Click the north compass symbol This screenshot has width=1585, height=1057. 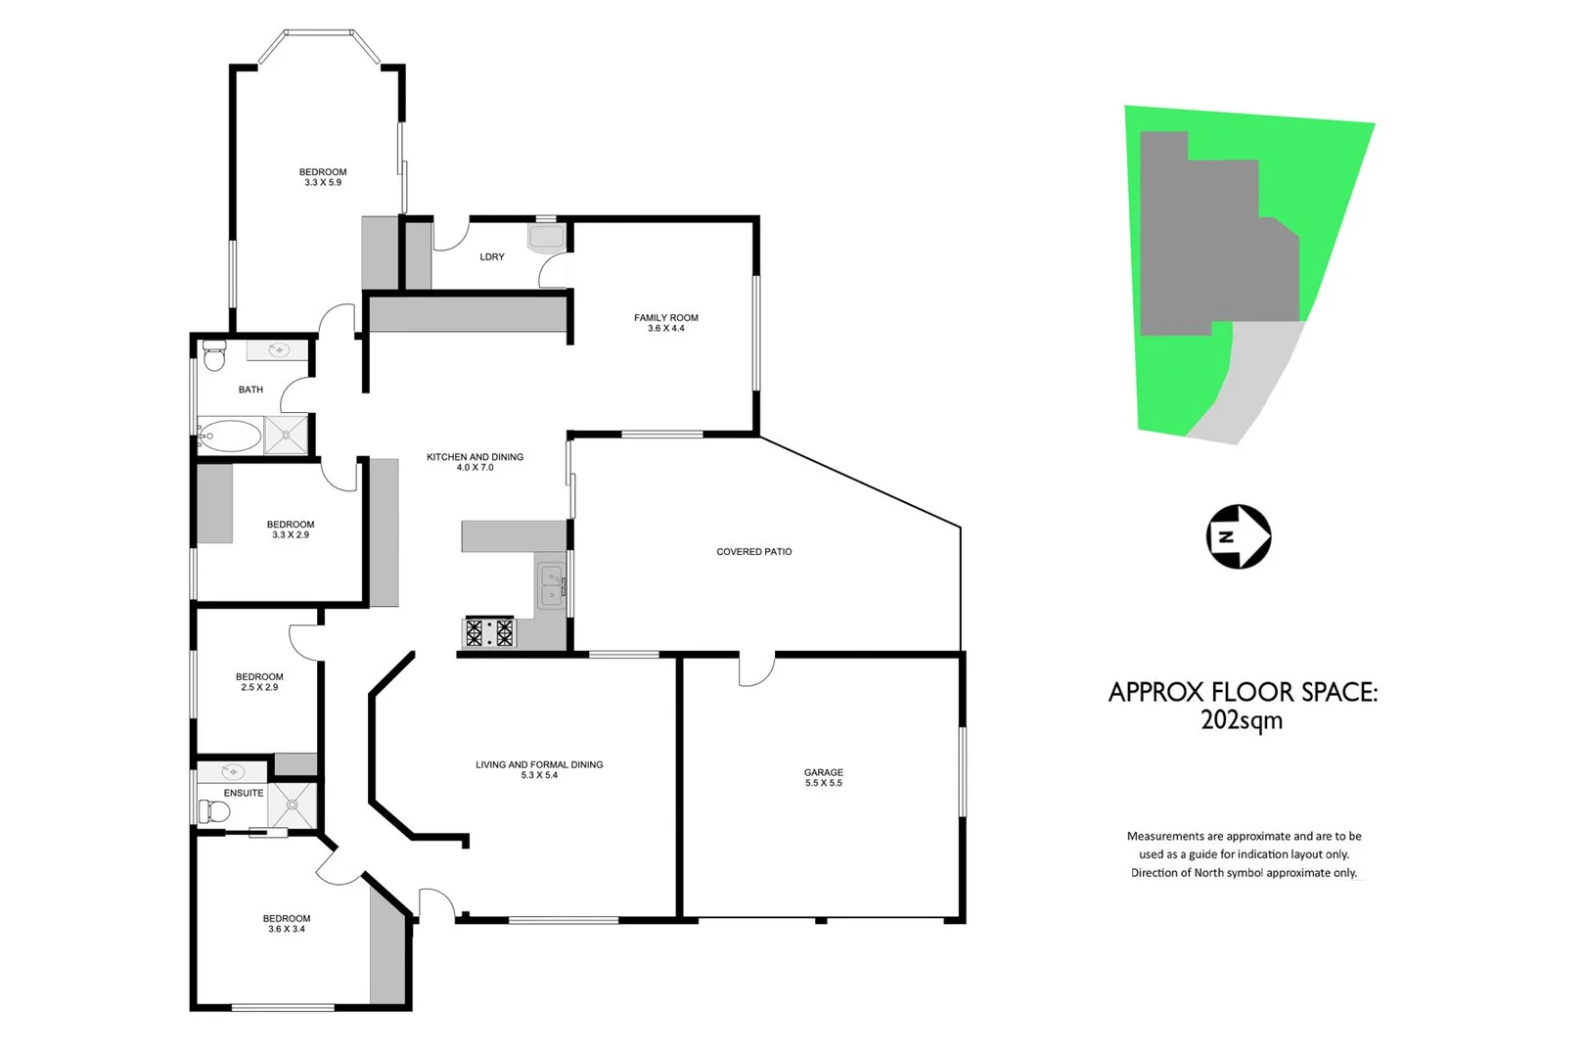[x=1238, y=536]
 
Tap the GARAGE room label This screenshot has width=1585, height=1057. [x=823, y=772]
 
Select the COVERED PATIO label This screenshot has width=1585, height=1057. [x=753, y=552]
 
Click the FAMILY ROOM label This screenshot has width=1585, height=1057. [x=665, y=318]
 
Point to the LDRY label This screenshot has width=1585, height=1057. [x=492, y=257]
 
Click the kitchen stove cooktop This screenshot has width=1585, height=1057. [x=489, y=632]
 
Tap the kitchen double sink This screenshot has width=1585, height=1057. [x=552, y=585]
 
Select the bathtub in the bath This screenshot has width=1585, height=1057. [x=230, y=436]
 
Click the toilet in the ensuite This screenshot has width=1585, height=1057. [x=214, y=811]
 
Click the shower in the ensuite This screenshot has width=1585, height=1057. [x=293, y=805]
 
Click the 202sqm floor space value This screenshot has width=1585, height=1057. [x=1241, y=720]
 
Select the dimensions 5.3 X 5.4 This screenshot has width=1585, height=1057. [x=539, y=776]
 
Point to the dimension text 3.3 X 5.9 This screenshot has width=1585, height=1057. [x=323, y=183]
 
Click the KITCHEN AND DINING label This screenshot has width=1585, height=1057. [x=475, y=457]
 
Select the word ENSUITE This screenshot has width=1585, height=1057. [x=244, y=793]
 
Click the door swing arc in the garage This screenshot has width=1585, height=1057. [x=757, y=672]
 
